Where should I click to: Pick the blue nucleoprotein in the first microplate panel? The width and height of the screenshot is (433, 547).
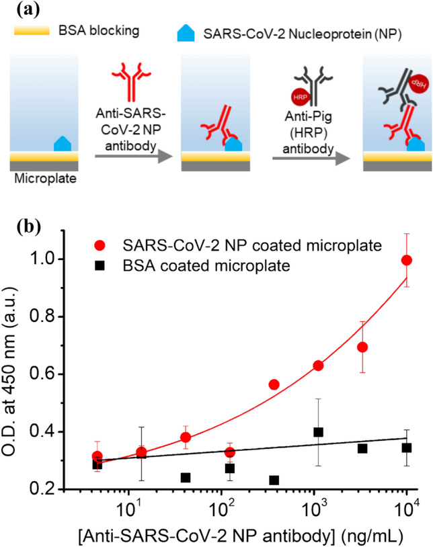[61, 162]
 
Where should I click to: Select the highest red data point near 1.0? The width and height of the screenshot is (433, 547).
[406, 261]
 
